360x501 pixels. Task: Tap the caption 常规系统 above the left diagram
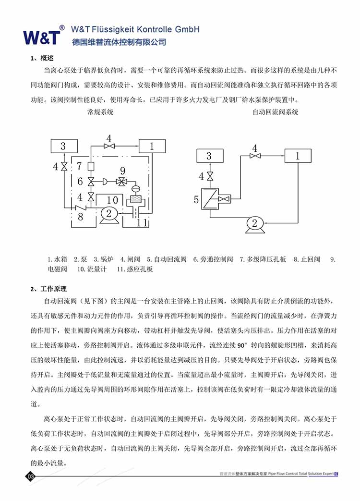[100, 112]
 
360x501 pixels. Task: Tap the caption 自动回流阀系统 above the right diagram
[275, 112]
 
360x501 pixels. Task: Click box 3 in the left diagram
[63, 146]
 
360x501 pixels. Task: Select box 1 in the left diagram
[152, 146]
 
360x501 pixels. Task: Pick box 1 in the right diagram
[297, 156]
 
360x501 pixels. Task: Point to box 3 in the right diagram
[209, 156]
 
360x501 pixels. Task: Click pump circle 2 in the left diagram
[109, 214]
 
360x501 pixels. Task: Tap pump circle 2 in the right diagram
[254, 223]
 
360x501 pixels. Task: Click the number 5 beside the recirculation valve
[196, 199]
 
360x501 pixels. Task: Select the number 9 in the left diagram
[122, 170]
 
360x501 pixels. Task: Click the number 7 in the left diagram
[80, 167]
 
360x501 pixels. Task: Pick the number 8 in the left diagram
[80, 217]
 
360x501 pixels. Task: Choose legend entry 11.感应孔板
[135, 269]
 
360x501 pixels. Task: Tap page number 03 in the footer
[31, 477]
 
